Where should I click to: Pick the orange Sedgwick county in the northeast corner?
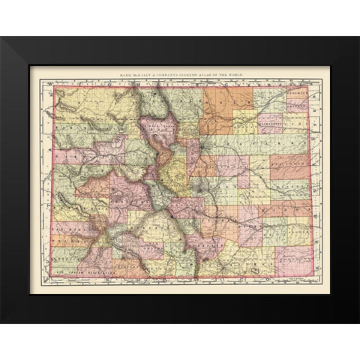tap(297, 94)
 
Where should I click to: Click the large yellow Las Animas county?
tap(232, 259)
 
